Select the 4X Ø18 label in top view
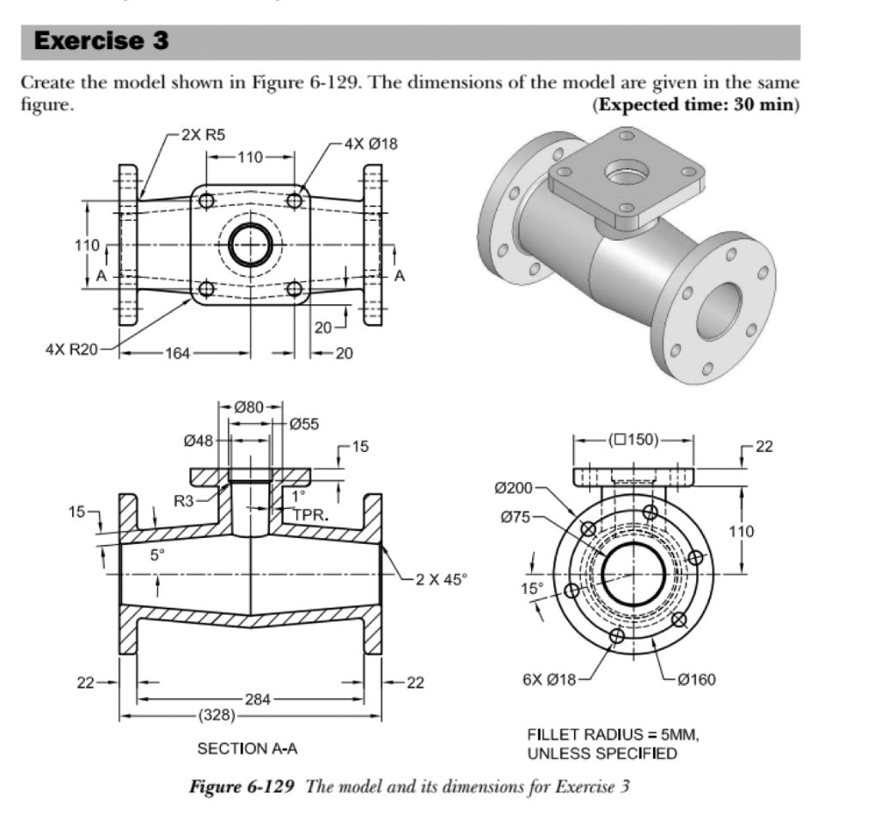(x=371, y=144)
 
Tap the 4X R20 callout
(x=72, y=350)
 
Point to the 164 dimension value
(x=178, y=352)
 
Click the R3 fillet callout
(x=186, y=499)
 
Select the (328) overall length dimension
(x=212, y=714)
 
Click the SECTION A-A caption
(x=247, y=749)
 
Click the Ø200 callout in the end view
(x=514, y=488)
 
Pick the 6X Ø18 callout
(x=549, y=680)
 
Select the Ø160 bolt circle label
(x=697, y=680)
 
